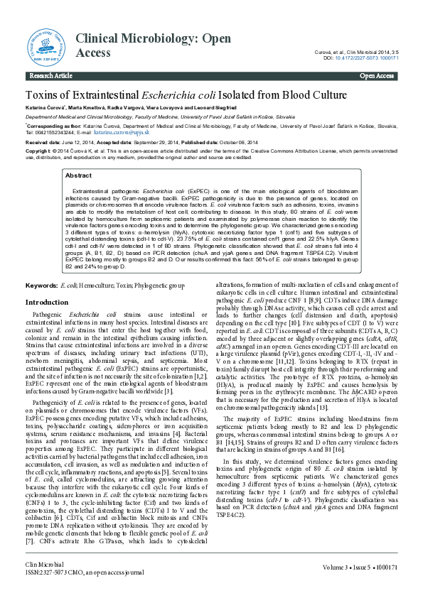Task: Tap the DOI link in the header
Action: (x=370, y=58)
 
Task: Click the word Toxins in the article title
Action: (x=43, y=95)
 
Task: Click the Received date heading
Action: (x=43, y=142)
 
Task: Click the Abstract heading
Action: (x=77, y=175)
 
